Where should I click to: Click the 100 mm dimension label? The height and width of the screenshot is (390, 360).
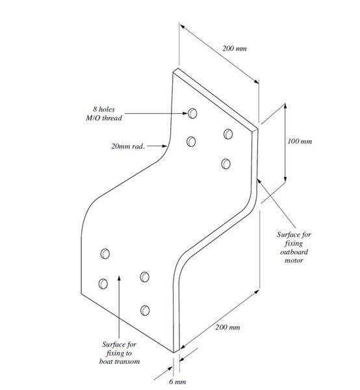(x=300, y=141)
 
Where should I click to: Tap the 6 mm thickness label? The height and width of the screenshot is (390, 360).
(x=177, y=382)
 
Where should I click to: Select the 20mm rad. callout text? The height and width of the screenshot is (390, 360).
(x=128, y=146)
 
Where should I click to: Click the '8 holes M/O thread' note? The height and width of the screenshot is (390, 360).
(x=104, y=113)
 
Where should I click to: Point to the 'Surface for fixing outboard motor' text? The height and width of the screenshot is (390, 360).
(x=294, y=248)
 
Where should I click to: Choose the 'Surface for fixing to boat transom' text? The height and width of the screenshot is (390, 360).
(x=120, y=353)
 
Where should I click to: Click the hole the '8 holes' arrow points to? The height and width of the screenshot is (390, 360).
(x=192, y=113)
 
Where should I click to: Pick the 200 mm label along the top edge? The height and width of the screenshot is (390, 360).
(x=235, y=48)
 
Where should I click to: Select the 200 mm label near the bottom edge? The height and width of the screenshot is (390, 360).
(x=227, y=327)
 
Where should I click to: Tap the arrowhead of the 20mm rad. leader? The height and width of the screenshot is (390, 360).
(x=164, y=146)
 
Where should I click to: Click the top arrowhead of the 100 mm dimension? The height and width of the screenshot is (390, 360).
(x=285, y=106)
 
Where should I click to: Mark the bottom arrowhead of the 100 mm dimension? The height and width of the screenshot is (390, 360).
(x=285, y=179)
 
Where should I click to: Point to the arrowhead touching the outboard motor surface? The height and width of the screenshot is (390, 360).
(x=259, y=181)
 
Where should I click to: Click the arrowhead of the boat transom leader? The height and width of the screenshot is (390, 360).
(x=119, y=279)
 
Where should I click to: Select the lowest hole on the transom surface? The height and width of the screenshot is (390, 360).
(x=145, y=311)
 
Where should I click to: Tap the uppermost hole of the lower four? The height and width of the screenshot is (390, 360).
(x=105, y=253)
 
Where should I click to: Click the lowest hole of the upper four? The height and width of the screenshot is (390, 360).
(x=225, y=164)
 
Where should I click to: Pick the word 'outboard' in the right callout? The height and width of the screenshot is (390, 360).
(x=294, y=252)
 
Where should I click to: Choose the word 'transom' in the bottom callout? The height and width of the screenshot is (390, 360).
(x=129, y=361)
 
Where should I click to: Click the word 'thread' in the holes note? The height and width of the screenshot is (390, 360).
(x=112, y=118)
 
